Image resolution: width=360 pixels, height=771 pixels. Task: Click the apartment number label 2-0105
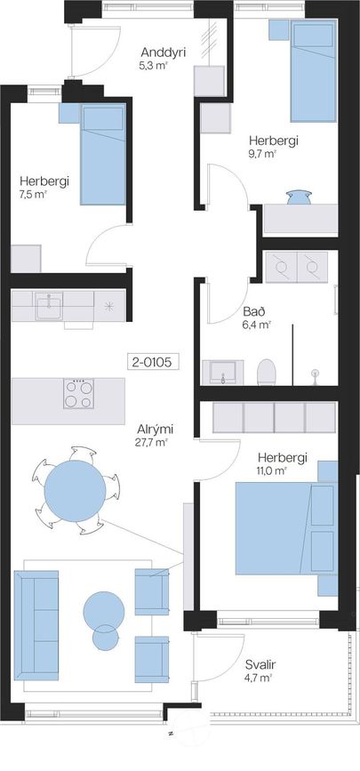153,363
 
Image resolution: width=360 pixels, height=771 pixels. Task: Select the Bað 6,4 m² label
257,317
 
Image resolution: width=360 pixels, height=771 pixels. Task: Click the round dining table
76,491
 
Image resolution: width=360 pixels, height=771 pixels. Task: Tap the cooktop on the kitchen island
78,393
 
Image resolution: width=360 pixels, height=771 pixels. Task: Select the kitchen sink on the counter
49,306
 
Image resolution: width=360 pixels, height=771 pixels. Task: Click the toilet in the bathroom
267,372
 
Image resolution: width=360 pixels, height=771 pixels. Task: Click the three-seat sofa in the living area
36,625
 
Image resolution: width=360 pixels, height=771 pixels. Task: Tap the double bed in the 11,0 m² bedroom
286,528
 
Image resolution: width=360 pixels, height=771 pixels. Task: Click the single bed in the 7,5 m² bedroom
103,154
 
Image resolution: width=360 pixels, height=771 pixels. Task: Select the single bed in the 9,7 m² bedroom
313,71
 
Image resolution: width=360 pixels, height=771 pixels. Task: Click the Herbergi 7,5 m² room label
44,187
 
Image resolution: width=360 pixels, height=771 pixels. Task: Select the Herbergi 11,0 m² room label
283,463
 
